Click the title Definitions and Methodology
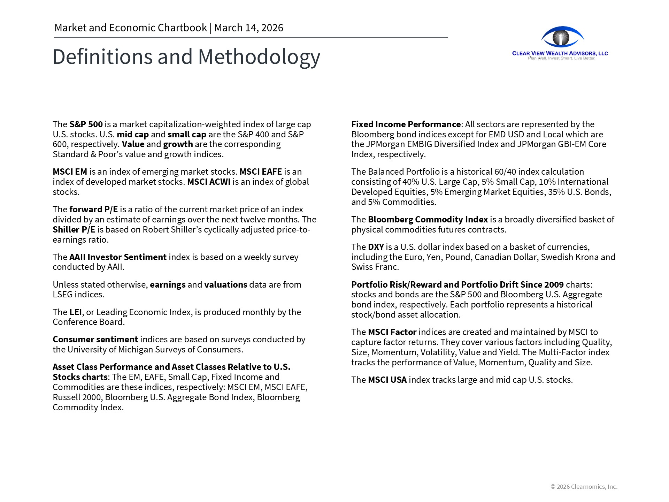click(x=186, y=57)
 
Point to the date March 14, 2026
click(x=248, y=28)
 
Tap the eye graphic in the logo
click(x=562, y=37)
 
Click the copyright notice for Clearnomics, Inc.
click(x=584, y=487)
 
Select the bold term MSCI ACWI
click(x=209, y=182)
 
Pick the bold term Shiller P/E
click(x=74, y=230)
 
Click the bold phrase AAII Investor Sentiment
click(x=118, y=257)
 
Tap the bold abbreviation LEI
click(x=75, y=312)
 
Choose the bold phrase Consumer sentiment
click(x=95, y=340)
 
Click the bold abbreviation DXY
click(x=376, y=247)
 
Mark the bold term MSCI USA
click(x=387, y=380)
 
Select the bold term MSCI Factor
click(x=392, y=332)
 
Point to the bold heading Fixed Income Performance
click(x=406, y=124)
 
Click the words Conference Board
click(x=89, y=322)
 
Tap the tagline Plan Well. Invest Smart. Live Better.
click(x=561, y=58)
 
